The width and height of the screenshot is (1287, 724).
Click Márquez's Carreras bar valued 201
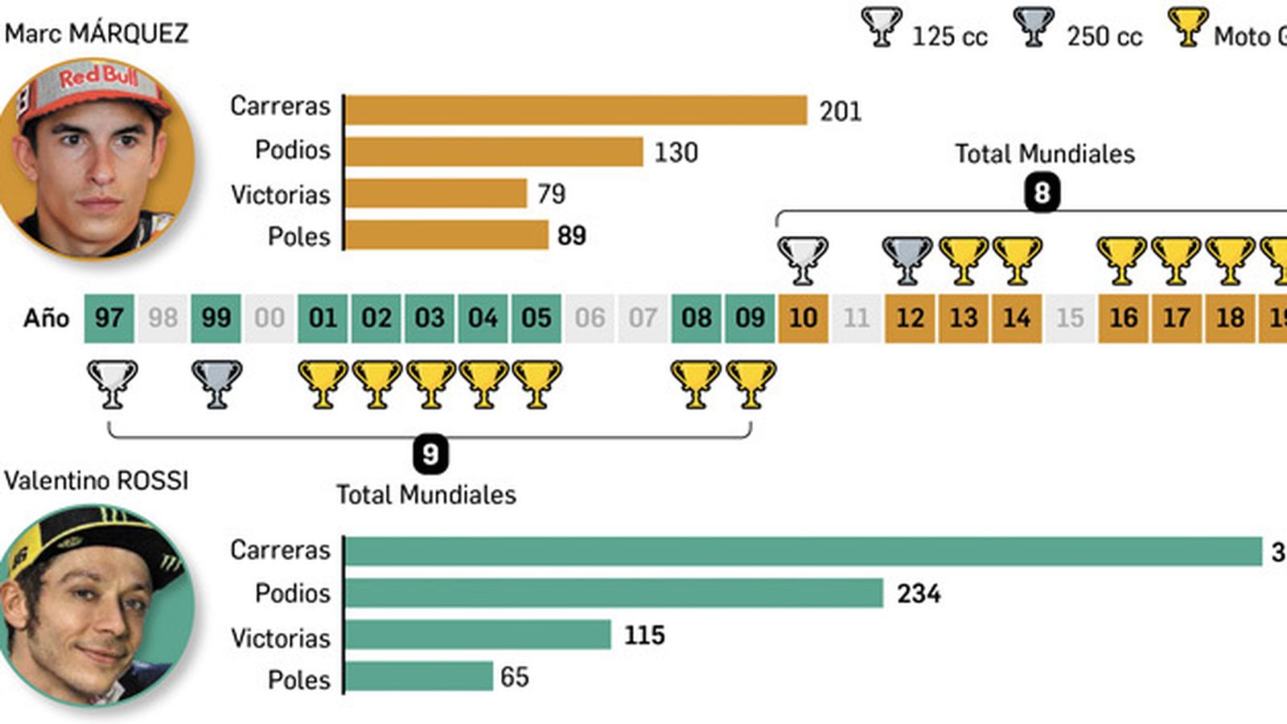(575, 110)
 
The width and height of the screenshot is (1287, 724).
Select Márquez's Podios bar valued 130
(494, 151)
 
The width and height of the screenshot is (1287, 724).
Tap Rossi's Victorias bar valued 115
(478, 635)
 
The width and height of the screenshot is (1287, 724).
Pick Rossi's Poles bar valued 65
(418, 677)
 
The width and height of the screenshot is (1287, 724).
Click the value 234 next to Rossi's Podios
(919, 594)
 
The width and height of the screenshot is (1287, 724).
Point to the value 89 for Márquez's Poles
(571, 236)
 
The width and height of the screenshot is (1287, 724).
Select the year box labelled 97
(109, 318)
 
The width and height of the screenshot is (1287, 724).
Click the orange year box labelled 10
(803, 318)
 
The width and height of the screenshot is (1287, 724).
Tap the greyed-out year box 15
(1070, 318)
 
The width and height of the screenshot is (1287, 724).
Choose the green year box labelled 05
(536, 318)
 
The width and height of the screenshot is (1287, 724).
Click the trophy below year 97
(112, 384)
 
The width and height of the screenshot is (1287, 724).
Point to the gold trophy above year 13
(964, 260)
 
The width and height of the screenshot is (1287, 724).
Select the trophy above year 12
(907, 260)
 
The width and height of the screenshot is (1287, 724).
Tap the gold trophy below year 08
(697, 384)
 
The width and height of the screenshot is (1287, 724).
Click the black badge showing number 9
(430, 455)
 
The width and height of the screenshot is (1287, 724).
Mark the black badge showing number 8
(1042, 193)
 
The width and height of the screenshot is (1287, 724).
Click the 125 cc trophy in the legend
(882, 27)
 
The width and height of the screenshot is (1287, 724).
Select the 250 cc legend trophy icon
(1034, 27)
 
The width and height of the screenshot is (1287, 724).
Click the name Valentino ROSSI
(97, 480)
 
